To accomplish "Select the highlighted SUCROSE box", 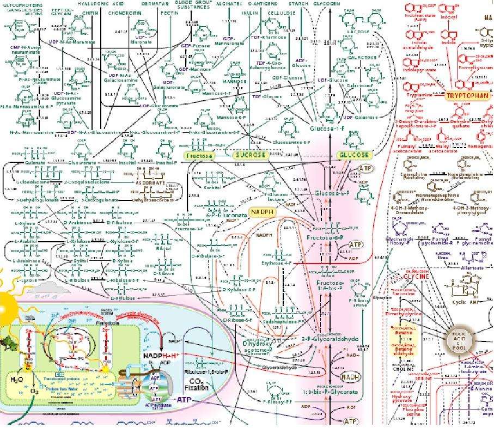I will pyautogui.click(x=250, y=155).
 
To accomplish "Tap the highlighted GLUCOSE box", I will pyautogui.click(x=353, y=155).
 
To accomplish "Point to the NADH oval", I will pyautogui.click(x=349, y=376).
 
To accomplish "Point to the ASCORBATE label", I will pyautogui.click(x=149, y=184).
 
